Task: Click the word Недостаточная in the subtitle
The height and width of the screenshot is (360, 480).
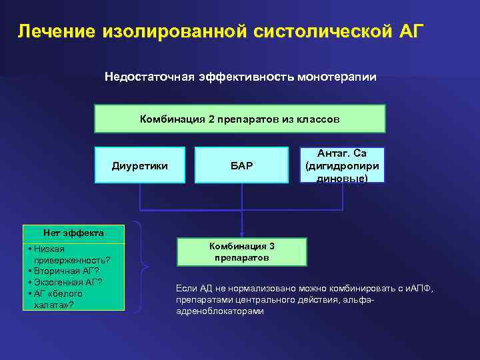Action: (x=148, y=77)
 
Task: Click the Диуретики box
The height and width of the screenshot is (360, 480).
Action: (x=140, y=165)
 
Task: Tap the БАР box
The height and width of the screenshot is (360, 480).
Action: (x=241, y=165)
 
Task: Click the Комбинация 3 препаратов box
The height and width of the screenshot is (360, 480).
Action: (x=241, y=252)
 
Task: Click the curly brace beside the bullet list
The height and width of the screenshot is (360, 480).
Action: (x=141, y=267)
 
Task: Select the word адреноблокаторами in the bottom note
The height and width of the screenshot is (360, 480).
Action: (x=219, y=311)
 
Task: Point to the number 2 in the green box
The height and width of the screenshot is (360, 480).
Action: (x=211, y=119)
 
